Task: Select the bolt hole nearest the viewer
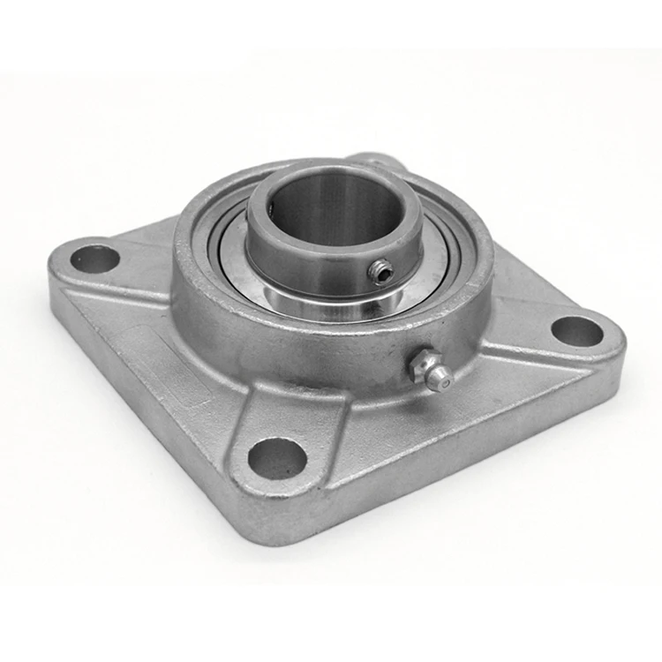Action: pos(276,458)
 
